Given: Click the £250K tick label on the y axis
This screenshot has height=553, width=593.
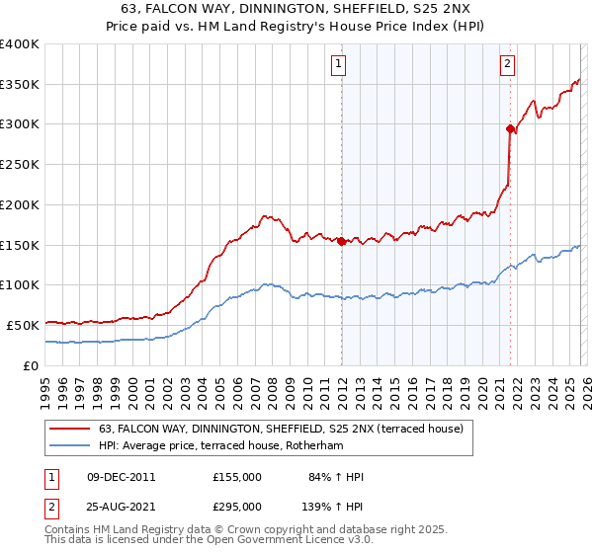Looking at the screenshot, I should (20, 164).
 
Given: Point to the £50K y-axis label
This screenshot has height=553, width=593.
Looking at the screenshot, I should (23, 324).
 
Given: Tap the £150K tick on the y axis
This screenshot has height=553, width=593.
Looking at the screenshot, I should (20, 244).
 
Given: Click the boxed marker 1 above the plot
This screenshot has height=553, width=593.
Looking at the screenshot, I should (338, 64).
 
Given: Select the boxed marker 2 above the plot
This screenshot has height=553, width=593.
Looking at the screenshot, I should (507, 64).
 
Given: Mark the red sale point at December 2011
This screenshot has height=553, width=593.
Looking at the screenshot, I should (341, 240).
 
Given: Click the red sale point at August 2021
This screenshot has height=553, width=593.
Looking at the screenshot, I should (510, 127).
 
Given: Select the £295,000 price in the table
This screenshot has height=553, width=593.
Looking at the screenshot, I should (237, 506).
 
